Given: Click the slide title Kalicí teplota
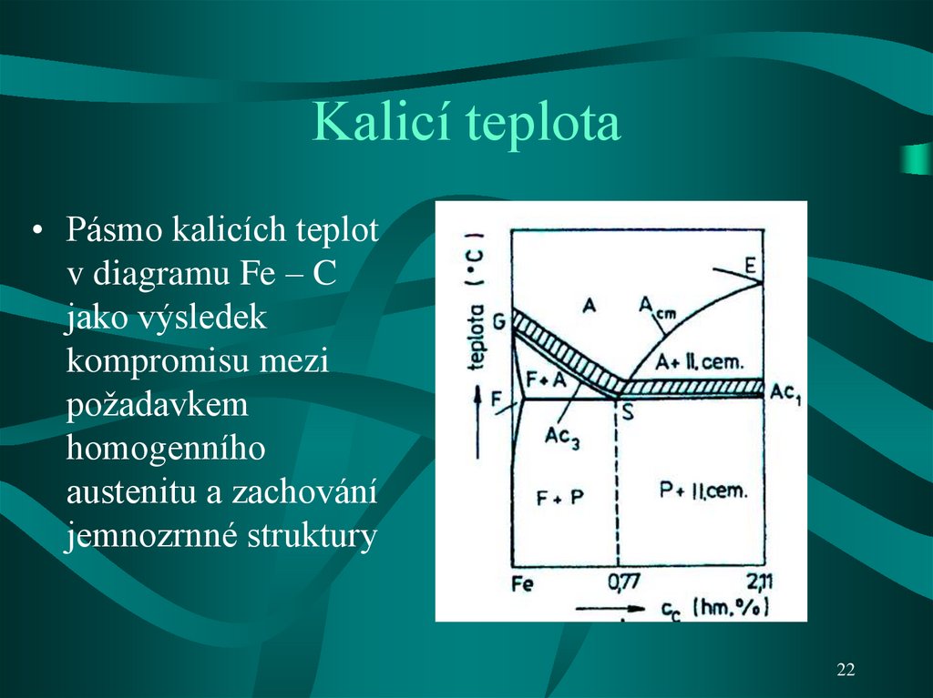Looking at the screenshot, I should [x=466, y=124].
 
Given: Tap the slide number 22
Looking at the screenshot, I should [x=846, y=671].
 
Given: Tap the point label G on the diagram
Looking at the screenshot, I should [x=498, y=321].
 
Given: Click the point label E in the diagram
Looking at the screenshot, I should [x=751, y=265].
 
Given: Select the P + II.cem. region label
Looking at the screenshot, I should [x=702, y=491].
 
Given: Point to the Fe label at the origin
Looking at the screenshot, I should [x=523, y=583].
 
